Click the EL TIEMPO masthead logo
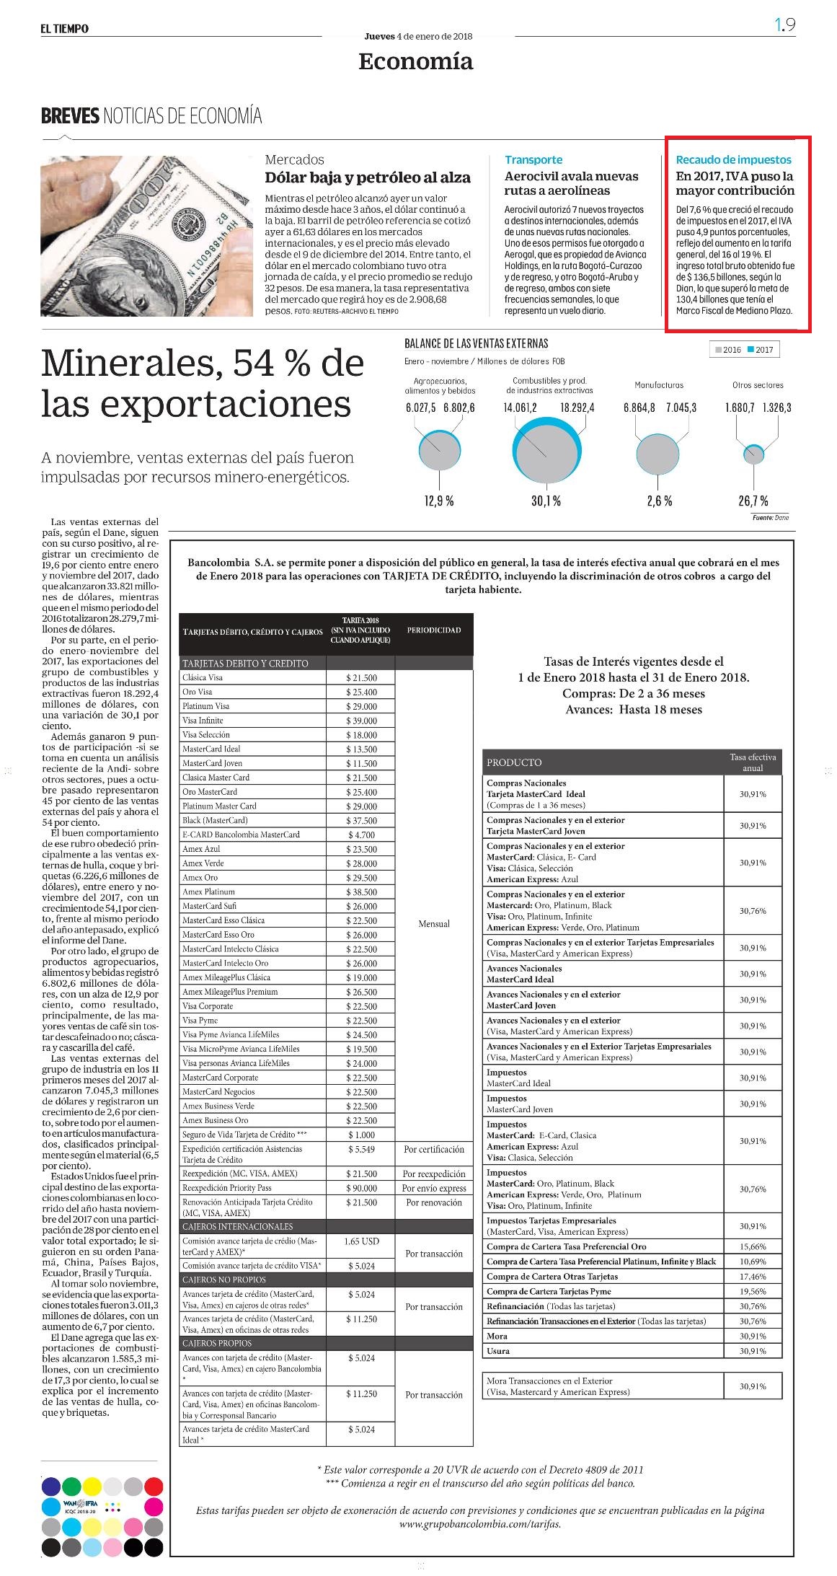(65, 29)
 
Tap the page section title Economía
(416, 62)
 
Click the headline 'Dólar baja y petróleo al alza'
(368, 177)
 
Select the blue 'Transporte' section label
(533, 159)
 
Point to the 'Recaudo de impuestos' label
(733, 159)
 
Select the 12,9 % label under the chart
(439, 501)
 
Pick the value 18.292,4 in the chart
(577, 408)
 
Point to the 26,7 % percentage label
(753, 501)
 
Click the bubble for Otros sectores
(754, 454)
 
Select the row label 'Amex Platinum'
(208, 892)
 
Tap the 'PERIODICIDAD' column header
(434, 630)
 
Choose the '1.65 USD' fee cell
(361, 1241)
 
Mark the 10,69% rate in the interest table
(753, 1262)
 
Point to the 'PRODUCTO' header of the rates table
(514, 762)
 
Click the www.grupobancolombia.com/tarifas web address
(480, 1524)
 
